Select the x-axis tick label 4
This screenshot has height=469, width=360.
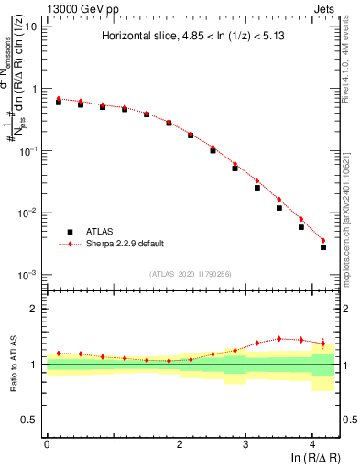(312, 443)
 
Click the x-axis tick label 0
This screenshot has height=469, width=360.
(47, 443)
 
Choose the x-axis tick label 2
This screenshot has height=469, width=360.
(180, 443)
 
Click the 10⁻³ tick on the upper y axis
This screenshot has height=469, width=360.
(27, 275)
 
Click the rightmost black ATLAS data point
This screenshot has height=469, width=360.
(323, 247)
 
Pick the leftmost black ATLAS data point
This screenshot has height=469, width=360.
(59, 102)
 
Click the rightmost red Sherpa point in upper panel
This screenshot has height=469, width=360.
(323, 241)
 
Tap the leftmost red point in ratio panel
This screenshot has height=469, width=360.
(59, 353)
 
